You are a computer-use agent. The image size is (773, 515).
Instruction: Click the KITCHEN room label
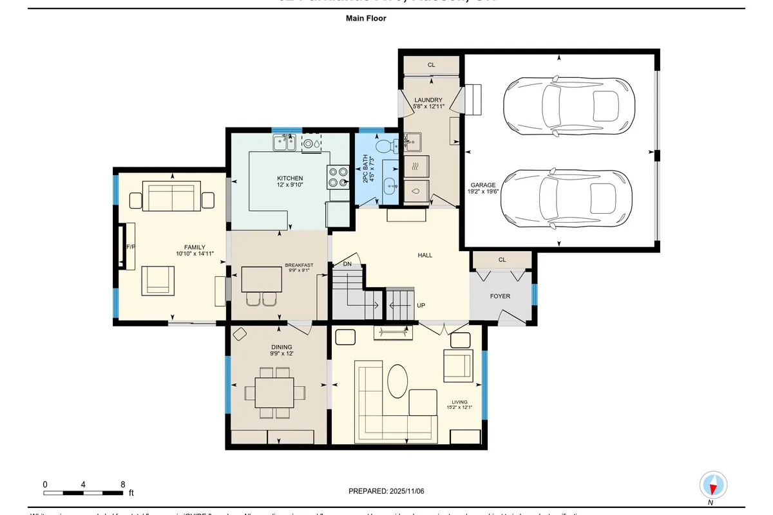pos(290,178)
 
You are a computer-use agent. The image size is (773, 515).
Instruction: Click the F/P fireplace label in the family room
pos(130,247)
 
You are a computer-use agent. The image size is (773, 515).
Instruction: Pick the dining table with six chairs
pos(276,391)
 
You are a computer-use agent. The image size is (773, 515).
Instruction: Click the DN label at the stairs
pos(347,264)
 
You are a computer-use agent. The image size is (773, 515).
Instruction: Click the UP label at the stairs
pos(421,305)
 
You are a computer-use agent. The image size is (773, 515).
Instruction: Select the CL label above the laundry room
pos(431,65)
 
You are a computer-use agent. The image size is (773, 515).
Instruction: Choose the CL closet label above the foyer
pos(502,260)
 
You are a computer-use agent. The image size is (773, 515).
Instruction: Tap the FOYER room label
pos(500,296)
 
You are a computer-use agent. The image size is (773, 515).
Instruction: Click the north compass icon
pos(714,485)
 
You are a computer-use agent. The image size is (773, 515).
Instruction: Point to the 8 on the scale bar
pos(122,484)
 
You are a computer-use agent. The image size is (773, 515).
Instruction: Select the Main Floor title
pos(366,19)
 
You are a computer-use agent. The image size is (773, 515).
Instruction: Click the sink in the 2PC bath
pos(390,187)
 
